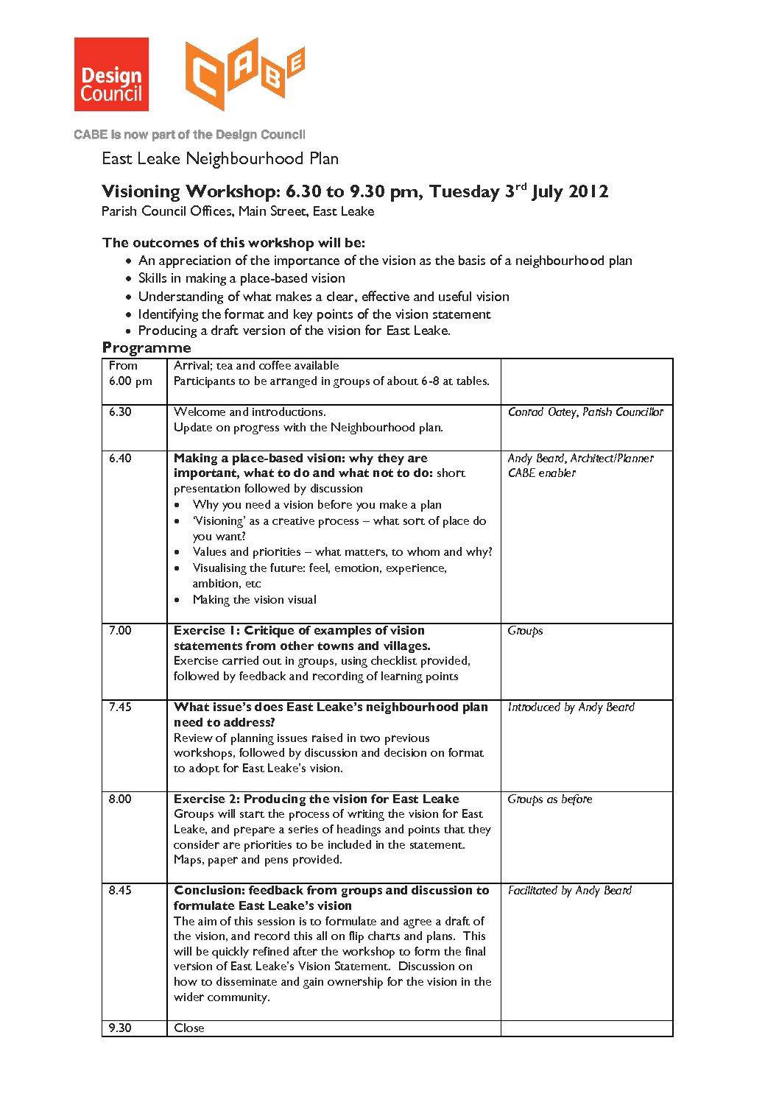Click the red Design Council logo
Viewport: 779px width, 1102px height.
111,74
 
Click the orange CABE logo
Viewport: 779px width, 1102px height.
244,74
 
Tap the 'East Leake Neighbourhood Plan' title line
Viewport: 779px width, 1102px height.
220,159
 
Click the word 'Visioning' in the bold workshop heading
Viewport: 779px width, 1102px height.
141,192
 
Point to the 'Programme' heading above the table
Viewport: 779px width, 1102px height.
147,347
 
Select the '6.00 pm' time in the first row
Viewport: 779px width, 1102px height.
130,381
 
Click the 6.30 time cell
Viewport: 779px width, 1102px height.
120,412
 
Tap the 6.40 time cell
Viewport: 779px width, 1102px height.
120,458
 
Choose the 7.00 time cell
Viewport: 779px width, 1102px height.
120,631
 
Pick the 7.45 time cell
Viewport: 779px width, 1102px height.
120,707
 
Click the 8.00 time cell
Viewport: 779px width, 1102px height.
120,799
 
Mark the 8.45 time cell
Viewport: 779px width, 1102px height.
120,891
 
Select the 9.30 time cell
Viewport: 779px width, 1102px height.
120,1028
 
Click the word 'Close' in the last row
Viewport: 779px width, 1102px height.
189,1028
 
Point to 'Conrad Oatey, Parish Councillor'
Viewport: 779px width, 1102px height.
585,412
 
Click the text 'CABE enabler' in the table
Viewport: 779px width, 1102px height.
542,473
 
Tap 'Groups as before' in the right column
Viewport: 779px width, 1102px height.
550,799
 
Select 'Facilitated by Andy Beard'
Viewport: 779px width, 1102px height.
570,891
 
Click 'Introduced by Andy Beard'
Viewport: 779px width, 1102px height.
571,707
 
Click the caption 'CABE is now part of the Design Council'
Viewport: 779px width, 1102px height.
189,135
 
